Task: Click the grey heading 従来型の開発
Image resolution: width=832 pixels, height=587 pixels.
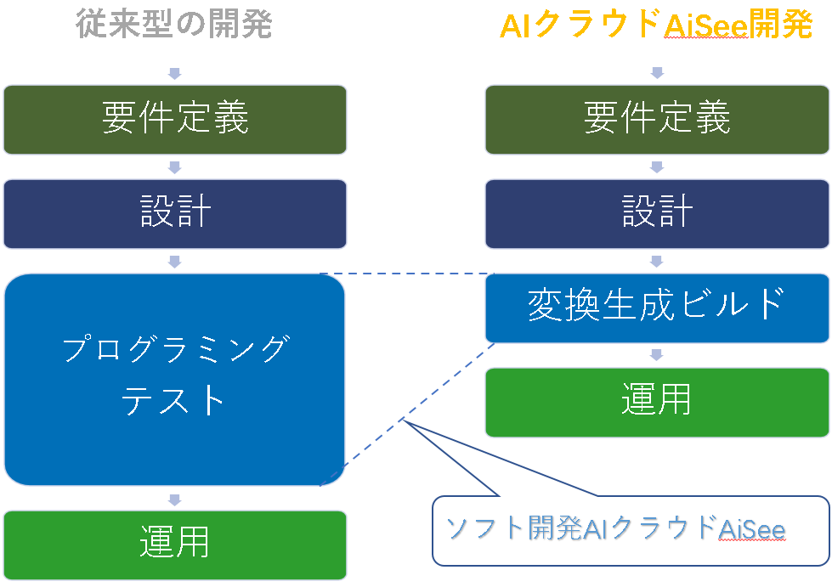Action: [x=174, y=24]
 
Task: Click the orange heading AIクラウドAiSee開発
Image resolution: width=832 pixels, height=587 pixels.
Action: [x=656, y=25]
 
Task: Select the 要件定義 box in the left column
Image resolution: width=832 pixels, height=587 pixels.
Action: [x=175, y=120]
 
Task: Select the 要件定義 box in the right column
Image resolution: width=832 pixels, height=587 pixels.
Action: [x=657, y=120]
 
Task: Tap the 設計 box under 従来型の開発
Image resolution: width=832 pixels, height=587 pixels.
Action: [x=175, y=214]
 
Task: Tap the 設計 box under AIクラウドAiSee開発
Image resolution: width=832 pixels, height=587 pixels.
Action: [x=657, y=214]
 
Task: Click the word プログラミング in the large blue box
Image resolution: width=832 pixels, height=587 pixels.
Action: [x=177, y=348]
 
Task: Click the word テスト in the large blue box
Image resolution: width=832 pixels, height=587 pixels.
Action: [x=173, y=400]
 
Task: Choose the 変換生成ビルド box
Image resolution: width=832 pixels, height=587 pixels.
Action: [x=657, y=308]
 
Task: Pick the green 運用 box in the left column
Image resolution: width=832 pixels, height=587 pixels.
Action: [x=175, y=545]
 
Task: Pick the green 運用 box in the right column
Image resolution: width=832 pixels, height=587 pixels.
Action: [x=657, y=403]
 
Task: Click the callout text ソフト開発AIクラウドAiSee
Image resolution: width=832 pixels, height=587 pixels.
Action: [x=615, y=528]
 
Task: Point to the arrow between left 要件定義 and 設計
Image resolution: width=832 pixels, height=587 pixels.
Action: [x=174, y=167]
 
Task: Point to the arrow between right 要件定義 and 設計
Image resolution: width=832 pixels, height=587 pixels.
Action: [x=657, y=167]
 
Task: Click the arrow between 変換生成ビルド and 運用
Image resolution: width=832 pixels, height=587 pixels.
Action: [x=657, y=355]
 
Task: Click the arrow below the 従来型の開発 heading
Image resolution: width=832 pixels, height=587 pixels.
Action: [x=174, y=73]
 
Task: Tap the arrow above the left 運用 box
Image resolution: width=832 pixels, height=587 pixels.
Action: [x=174, y=500]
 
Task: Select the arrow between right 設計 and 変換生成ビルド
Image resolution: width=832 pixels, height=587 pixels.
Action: [x=657, y=261]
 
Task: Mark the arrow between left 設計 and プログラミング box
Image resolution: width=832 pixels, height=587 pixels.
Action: [x=174, y=262]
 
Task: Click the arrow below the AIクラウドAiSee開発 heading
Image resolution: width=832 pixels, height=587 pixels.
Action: [x=657, y=73]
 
